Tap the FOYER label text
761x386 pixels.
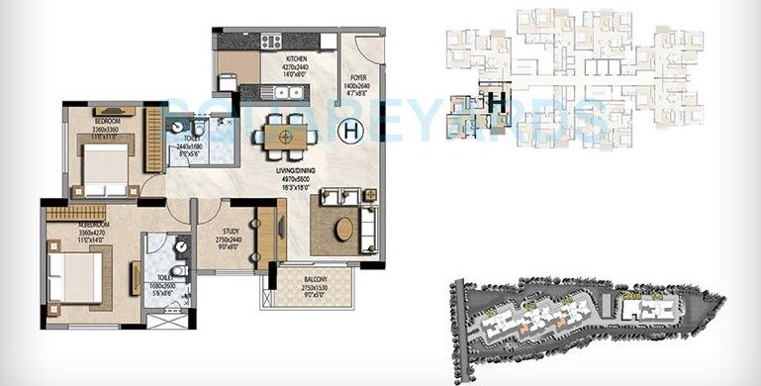click(357, 76)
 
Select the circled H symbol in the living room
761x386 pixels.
click(350, 129)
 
